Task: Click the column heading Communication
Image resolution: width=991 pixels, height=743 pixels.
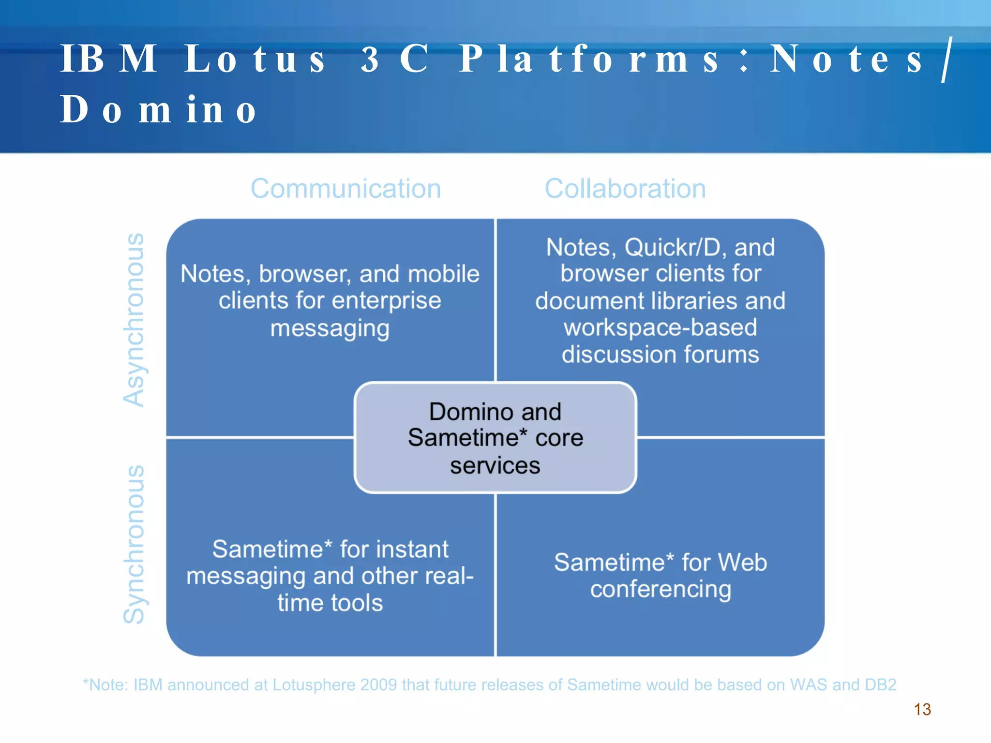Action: pos(345,189)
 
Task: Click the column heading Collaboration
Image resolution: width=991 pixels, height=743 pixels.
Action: pos(625,189)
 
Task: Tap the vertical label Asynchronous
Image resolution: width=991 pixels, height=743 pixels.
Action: pos(134,320)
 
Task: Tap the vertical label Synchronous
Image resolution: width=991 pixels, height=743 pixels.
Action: pos(134,544)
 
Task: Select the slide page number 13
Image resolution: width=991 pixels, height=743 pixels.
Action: pos(922,710)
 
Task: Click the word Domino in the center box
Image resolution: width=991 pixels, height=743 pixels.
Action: pos(468,412)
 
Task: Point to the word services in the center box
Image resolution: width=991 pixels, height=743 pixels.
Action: pos(495,465)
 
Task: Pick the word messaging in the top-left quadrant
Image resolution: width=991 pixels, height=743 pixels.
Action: pos(330,328)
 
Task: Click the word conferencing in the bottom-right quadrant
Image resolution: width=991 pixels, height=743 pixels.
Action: pos(661,590)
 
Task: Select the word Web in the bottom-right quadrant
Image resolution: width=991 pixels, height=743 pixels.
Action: pos(742,563)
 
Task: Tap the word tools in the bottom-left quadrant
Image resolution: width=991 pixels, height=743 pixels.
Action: pos(357,603)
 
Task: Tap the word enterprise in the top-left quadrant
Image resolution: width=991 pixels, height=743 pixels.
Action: pos(386,301)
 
